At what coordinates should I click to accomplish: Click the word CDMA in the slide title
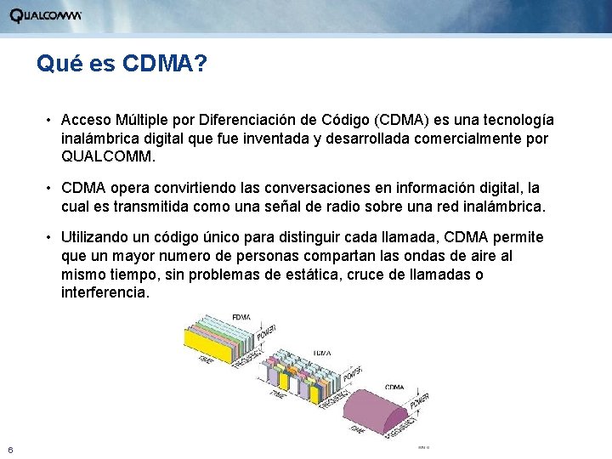coord(158,64)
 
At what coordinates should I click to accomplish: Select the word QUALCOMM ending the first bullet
coord(109,157)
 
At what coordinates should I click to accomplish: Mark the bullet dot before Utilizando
coord(50,236)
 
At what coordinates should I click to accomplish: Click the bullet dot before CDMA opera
coord(50,188)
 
